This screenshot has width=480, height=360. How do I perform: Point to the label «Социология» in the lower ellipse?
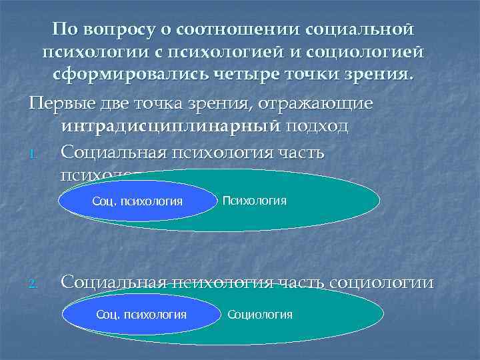click(x=260, y=314)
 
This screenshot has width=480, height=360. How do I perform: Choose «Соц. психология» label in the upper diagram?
click(x=137, y=201)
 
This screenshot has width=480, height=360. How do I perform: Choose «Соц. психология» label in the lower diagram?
click(x=141, y=314)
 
